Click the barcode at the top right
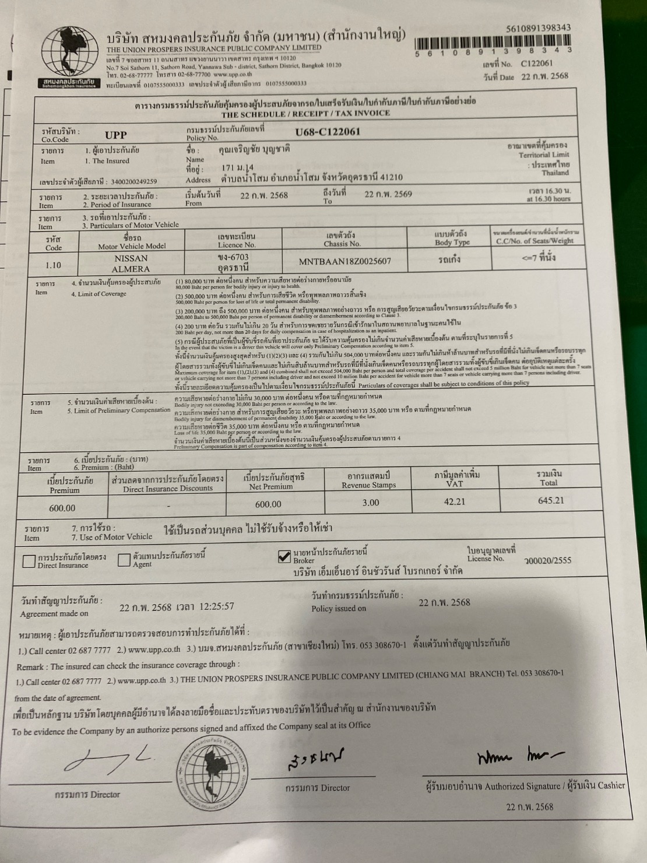(493, 44)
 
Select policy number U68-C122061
(328, 132)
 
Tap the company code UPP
(115, 135)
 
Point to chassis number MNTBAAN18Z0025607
(345, 261)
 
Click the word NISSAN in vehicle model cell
(131, 258)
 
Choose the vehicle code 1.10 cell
(53, 265)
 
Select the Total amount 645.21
(551, 500)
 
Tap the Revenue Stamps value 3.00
(370, 503)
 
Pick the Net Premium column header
(274, 482)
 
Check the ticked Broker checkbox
(284, 557)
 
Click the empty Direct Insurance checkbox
(29, 561)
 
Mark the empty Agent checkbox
(124, 560)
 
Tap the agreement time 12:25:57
(217, 606)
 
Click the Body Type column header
(452, 238)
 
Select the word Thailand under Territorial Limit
(555, 173)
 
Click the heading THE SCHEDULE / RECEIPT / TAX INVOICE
(305, 114)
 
